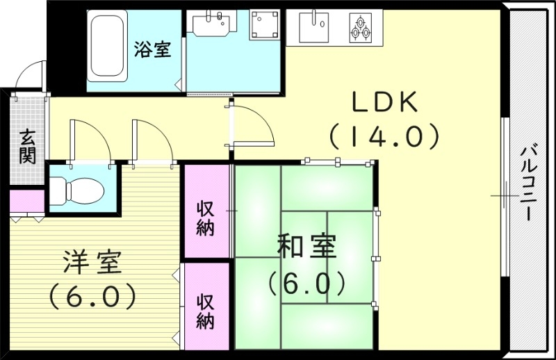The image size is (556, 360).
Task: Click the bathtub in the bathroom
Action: coord(106,48)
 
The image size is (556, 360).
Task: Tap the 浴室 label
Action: coord(152,50)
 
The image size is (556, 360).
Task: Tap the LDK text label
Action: coord(384,103)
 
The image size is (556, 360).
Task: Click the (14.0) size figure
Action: coord(384,136)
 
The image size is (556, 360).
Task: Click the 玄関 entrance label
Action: coord(26,145)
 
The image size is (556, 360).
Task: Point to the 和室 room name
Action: coord(306,247)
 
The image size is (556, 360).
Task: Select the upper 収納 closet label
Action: coord(205,218)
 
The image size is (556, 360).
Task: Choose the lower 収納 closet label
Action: coord(205,311)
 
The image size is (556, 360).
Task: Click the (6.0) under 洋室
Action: coord(92,297)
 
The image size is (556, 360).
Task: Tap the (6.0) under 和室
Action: coord(306,282)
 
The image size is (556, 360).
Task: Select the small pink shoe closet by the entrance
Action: coord(26,202)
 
